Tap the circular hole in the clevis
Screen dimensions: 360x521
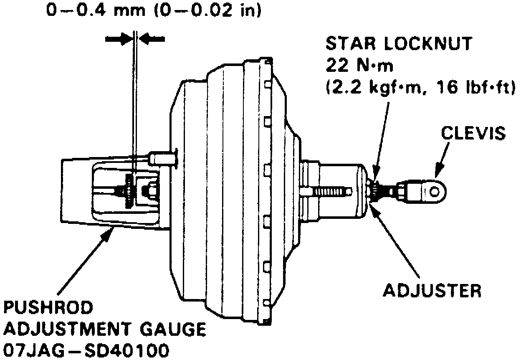(x=435, y=191)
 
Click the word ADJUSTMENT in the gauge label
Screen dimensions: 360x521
(x=71, y=330)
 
